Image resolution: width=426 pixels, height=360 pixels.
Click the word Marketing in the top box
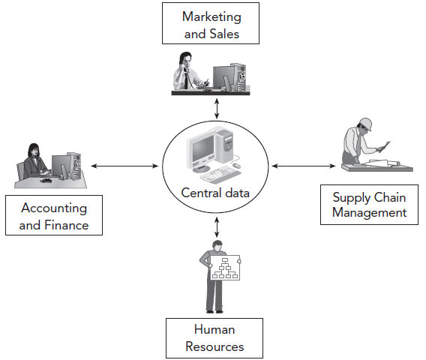(211, 17)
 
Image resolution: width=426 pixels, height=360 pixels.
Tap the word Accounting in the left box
(54, 208)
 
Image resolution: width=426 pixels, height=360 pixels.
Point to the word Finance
(66, 225)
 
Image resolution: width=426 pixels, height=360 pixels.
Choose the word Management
(370, 213)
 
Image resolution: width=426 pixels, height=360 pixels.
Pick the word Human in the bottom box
(214, 329)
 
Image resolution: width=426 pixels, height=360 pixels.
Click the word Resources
(214, 347)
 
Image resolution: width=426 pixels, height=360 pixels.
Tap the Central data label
(215, 193)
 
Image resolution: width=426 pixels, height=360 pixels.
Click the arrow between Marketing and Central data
(217, 109)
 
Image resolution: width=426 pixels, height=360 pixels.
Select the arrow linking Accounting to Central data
(124, 166)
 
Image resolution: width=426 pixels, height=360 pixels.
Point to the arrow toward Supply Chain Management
(304, 166)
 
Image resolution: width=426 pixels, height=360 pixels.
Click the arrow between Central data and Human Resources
(217, 226)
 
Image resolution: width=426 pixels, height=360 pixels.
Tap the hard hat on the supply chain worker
(365, 124)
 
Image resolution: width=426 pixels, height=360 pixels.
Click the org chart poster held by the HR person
(225, 267)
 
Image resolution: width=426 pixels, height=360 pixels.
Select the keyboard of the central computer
(220, 175)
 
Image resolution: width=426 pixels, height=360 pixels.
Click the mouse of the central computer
(236, 165)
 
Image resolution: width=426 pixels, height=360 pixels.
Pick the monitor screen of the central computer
(203, 149)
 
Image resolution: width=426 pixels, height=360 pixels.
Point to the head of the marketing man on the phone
(186, 60)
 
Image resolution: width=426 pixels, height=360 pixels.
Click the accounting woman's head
(34, 150)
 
